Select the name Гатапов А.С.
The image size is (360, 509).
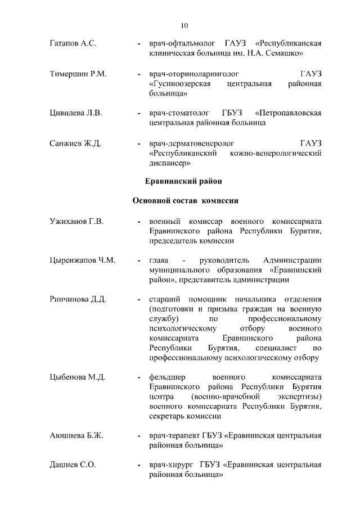tap(73, 43)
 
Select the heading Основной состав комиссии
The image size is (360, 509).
tap(186, 201)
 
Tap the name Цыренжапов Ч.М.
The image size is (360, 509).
tap(82, 260)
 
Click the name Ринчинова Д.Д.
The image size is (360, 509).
tap(78, 299)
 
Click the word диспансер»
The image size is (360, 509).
tap(170, 163)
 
